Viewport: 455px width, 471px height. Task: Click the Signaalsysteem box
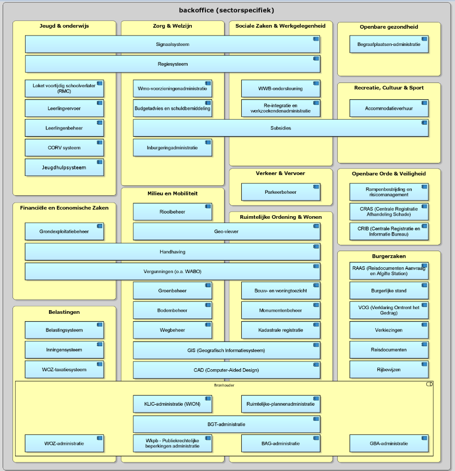click(x=173, y=44)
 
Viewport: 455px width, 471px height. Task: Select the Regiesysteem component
click(x=173, y=64)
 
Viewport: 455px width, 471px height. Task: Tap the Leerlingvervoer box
click(x=64, y=108)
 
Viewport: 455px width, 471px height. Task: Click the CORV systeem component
click(x=64, y=147)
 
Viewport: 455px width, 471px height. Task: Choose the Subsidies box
click(x=280, y=128)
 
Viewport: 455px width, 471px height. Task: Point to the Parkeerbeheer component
click(x=280, y=192)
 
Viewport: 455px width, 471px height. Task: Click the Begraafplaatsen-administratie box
click(x=389, y=44)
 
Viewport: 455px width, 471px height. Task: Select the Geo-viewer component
click(x=227, y=231)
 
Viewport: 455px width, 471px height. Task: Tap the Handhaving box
click(x=173, y=252)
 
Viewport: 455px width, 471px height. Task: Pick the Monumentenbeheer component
click(x=280, y=310)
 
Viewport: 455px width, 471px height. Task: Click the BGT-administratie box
click(x=227, y=424)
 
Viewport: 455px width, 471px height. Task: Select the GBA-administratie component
click(x=389, y=443)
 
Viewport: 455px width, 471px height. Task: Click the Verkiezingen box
click(x=389, y=330)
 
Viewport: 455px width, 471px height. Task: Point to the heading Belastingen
click(x=64, y=312)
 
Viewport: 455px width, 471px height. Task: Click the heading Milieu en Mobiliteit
click(x=173, y=193)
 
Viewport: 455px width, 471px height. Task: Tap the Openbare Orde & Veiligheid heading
click(x=389, y=173)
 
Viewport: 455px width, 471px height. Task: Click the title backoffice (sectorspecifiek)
click(x=226, y=10)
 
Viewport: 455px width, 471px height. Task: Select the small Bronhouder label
click(x=224, y=385)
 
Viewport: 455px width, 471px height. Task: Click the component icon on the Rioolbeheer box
click(x=208, y=206)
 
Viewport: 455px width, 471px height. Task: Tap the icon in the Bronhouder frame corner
click(x=429, y=384)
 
